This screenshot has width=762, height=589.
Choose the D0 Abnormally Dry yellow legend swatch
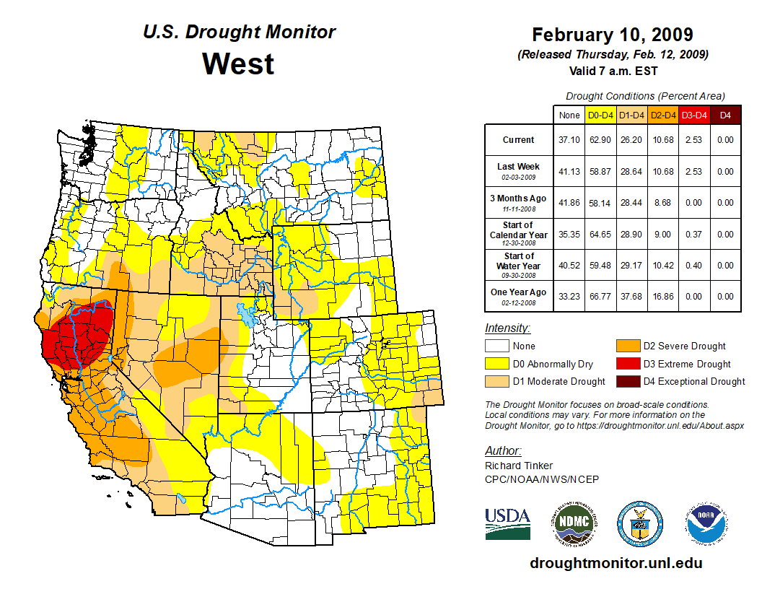(x=496, y=364)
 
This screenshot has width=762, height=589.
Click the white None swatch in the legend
(x=496, y=346)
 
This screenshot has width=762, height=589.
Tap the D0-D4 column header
(x=600, y=115)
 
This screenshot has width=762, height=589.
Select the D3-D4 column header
(x=693, y=115)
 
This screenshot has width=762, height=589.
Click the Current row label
(x=519, y=140)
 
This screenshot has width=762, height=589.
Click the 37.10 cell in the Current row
(x=569, y=140)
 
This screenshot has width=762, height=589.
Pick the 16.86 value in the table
(x=662, y=296)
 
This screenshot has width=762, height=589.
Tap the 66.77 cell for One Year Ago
(x=600, y=296)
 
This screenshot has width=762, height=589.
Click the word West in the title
(x=238, y=64)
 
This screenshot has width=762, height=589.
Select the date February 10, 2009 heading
(x=613, y=35)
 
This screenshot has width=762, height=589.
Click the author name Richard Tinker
(x=519, y=466)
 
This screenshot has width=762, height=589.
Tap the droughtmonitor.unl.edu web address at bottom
(x=616, y=563)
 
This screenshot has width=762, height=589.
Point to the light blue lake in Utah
(x=248, y=316)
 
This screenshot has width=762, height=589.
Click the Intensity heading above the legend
(x=507, y=328)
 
